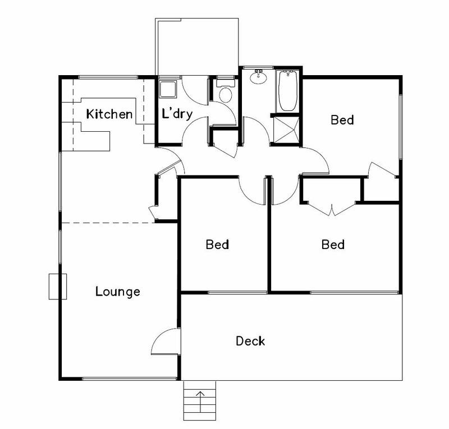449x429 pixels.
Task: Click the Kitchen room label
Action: (x=109, y=114)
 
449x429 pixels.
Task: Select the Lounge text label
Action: (x=117, y=292)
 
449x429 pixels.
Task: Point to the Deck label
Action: (x=250, y=340)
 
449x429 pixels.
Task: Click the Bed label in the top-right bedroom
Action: (x=342, y=119)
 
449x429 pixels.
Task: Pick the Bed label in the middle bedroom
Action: (x=217, y=245)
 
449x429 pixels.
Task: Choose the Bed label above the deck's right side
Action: (x=333, y=245)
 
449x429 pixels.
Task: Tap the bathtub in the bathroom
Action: (x=287, y=91)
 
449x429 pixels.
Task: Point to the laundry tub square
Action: (x=167, y=89)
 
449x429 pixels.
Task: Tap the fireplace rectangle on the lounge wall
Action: (x=57, y=286)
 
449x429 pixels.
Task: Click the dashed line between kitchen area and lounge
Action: (x=107, y=223)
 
